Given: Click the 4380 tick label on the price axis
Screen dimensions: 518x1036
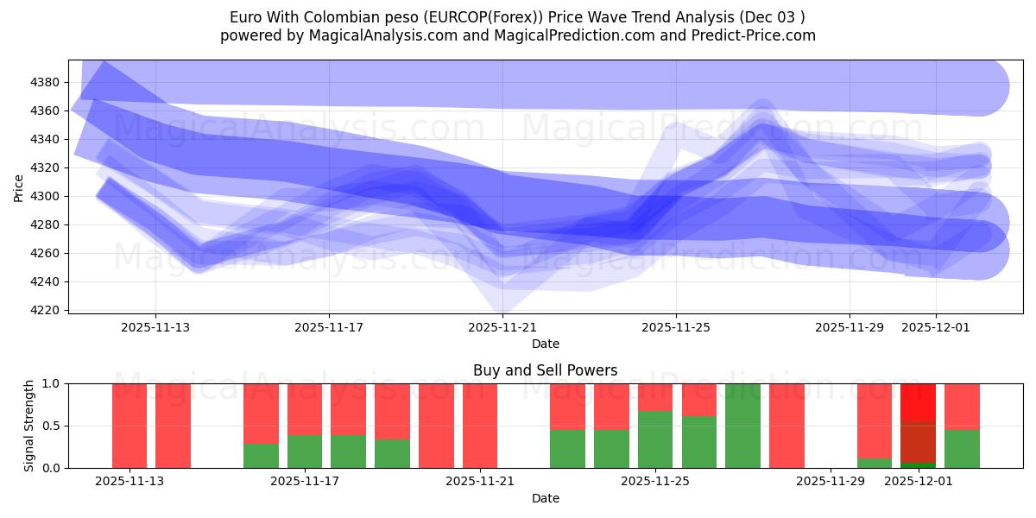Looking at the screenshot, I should (44, 82).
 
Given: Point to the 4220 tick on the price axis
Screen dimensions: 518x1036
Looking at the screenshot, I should (44, 310).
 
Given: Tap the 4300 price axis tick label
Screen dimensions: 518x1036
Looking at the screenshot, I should (44, 196).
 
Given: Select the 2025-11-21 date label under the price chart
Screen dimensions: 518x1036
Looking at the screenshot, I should (502, 327).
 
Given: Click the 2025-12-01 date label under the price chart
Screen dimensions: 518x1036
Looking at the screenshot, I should (936, 327).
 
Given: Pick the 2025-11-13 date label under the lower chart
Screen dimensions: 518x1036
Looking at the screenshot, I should (129, 483).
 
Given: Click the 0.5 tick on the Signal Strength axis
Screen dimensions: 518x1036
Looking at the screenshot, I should (50, 426).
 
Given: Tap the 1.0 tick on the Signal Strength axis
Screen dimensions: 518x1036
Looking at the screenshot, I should (50, 383).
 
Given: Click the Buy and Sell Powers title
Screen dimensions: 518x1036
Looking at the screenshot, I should (545, 370).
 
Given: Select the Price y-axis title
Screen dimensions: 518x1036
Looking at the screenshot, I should (19, 186).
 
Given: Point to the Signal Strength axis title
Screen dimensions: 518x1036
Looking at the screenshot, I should (28, 425).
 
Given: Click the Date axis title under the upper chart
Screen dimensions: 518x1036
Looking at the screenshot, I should (545, 344).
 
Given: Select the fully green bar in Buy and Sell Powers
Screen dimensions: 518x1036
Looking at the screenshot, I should (743, 426).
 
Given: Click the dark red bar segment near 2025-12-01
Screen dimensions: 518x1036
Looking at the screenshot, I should (918, 441).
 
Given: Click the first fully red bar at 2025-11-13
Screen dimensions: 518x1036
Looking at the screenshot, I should (129, 426).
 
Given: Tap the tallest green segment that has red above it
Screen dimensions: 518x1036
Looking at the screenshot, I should (655, 439).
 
